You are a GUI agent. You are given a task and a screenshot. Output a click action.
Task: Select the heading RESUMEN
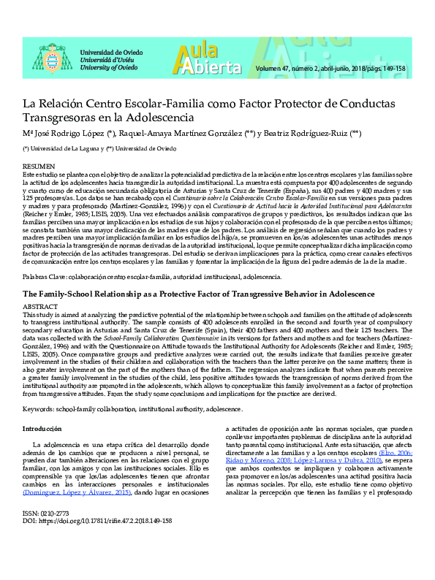(38, 167)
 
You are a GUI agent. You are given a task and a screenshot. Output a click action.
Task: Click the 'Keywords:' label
(41, 409)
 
